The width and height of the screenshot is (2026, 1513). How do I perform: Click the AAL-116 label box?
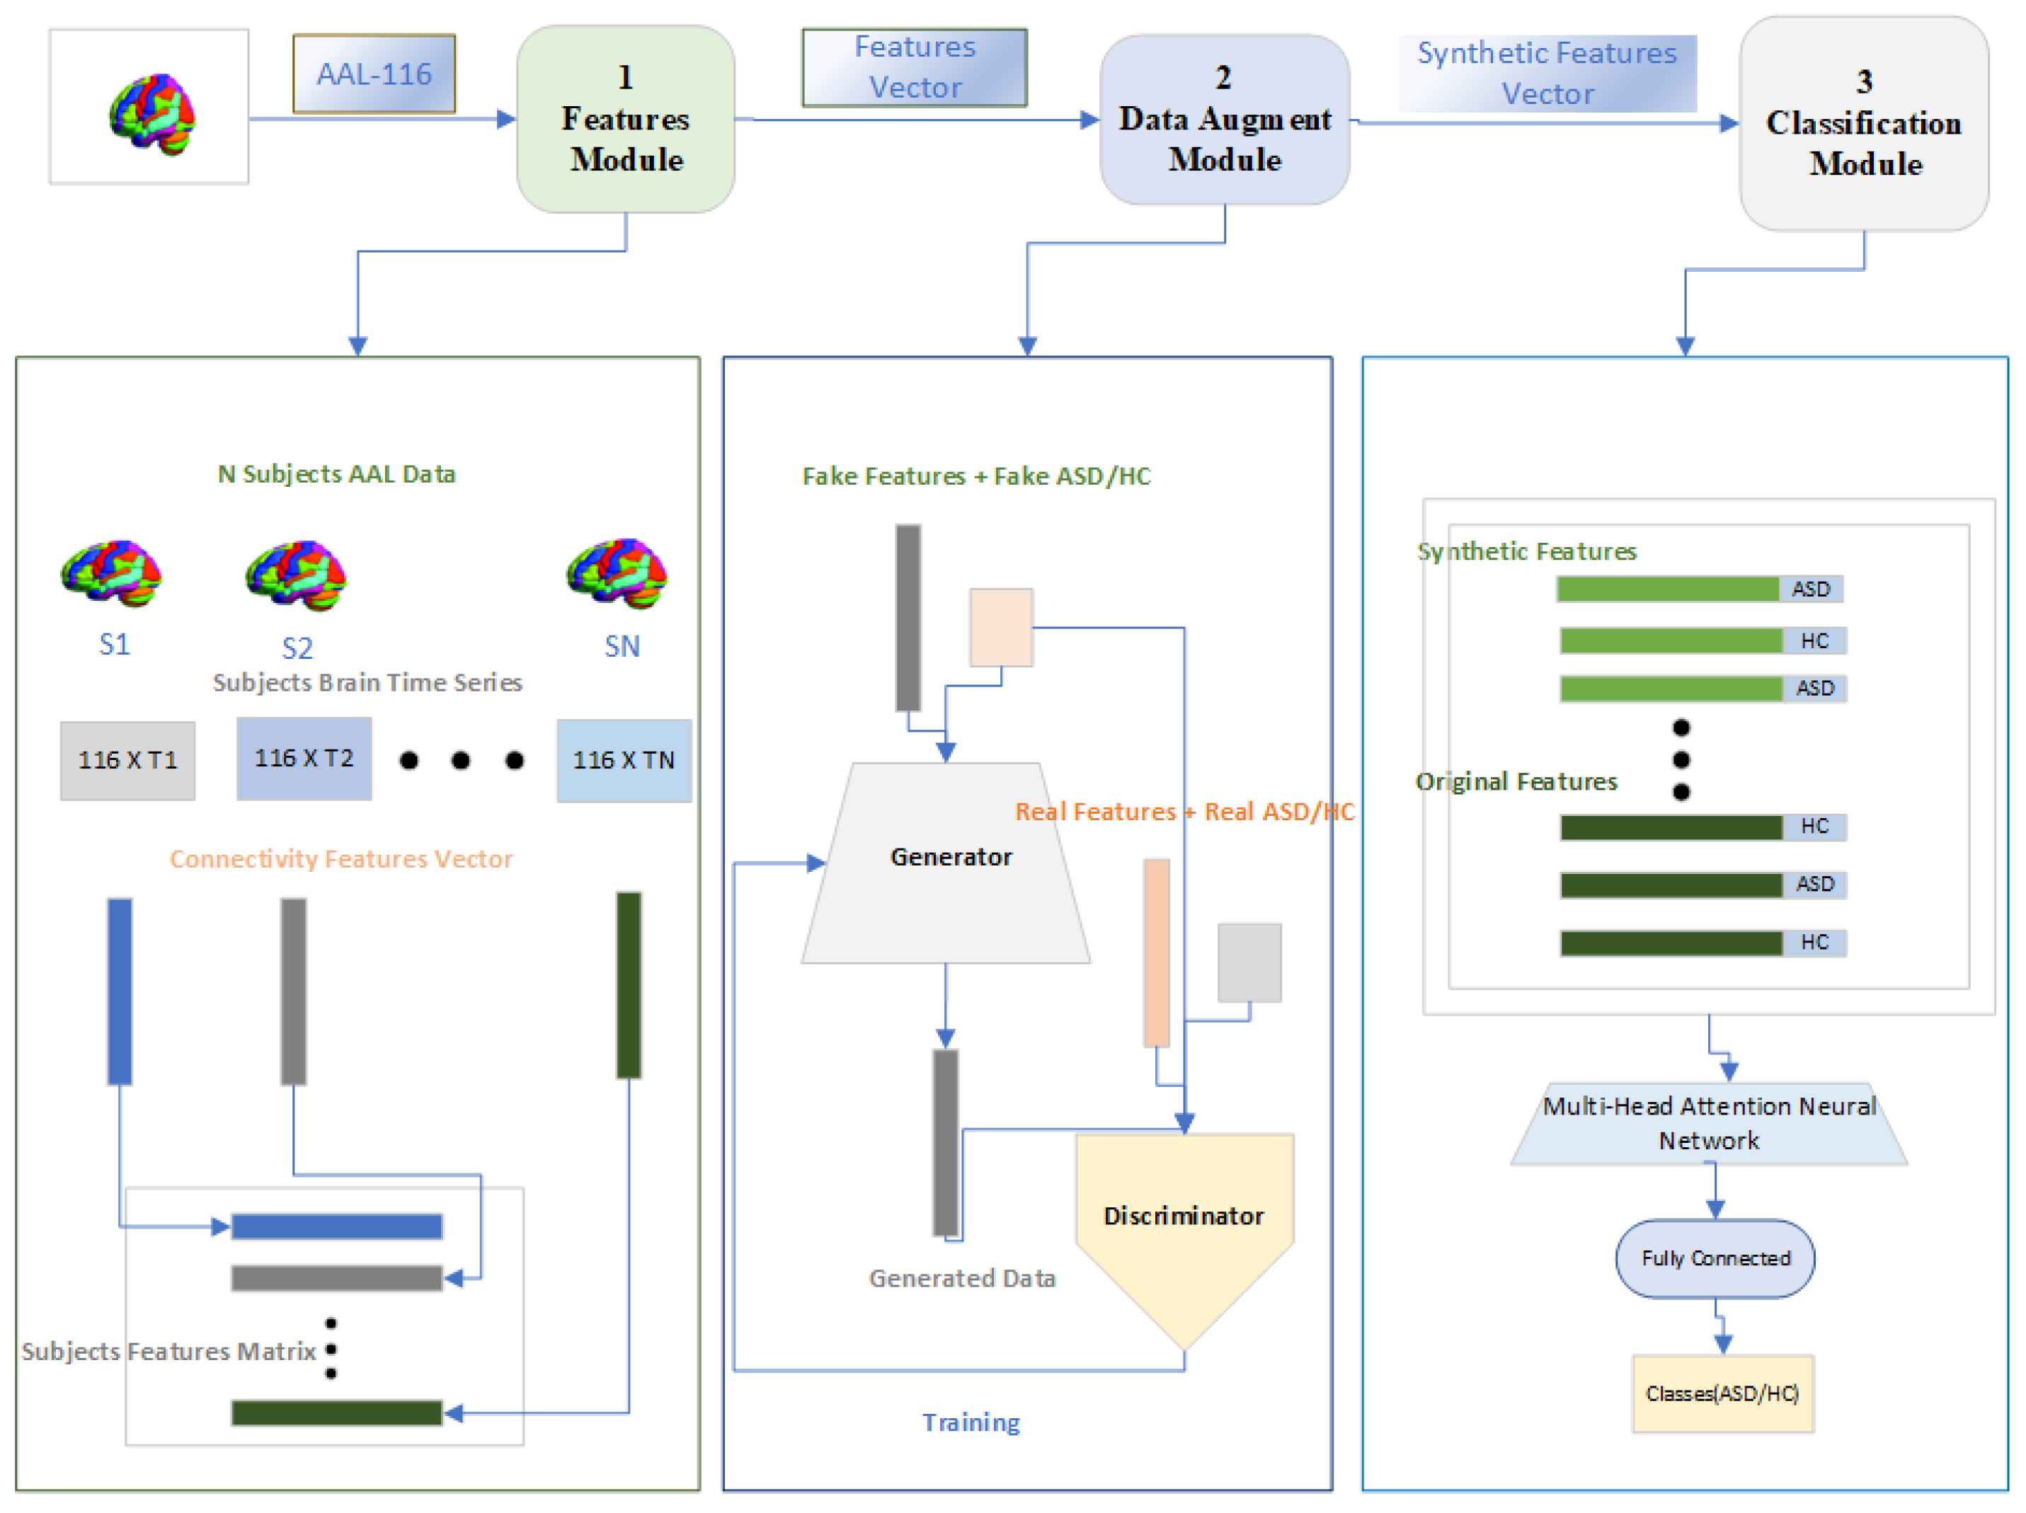click(374, 74)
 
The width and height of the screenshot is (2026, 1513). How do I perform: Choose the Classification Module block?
click(1863, 124)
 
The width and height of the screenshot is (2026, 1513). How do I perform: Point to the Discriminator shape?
click(1184, 1218)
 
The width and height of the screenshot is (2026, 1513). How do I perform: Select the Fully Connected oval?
click(1715, 1258)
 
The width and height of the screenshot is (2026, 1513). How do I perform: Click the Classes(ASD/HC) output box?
click(1722, 1393)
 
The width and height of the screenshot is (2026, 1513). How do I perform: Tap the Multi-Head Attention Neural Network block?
click(1709, 1124)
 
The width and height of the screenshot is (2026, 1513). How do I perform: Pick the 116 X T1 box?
click(127, 760)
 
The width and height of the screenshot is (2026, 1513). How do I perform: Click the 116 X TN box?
click(624, 760)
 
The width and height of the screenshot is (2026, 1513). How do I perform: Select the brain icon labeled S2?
click(296, 575)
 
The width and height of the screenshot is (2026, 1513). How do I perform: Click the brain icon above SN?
click(617, 573)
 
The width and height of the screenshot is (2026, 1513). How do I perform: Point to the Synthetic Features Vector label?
click(1547, 74)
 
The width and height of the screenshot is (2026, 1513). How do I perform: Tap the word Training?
click(971, 1422)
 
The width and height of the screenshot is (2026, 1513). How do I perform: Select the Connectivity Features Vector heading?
click(340, 859)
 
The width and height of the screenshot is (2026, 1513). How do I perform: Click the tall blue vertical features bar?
click(120, 991)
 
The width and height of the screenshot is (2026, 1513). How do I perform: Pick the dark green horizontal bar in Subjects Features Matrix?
click(336, 1413)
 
